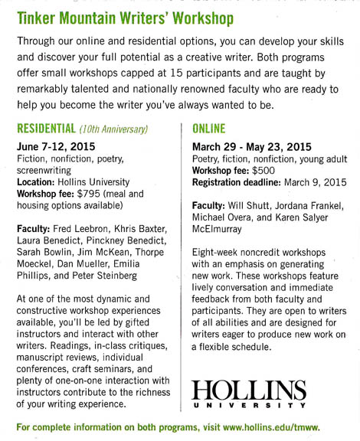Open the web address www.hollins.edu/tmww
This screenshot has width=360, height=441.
pyautogui.click(x=280, y=426)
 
